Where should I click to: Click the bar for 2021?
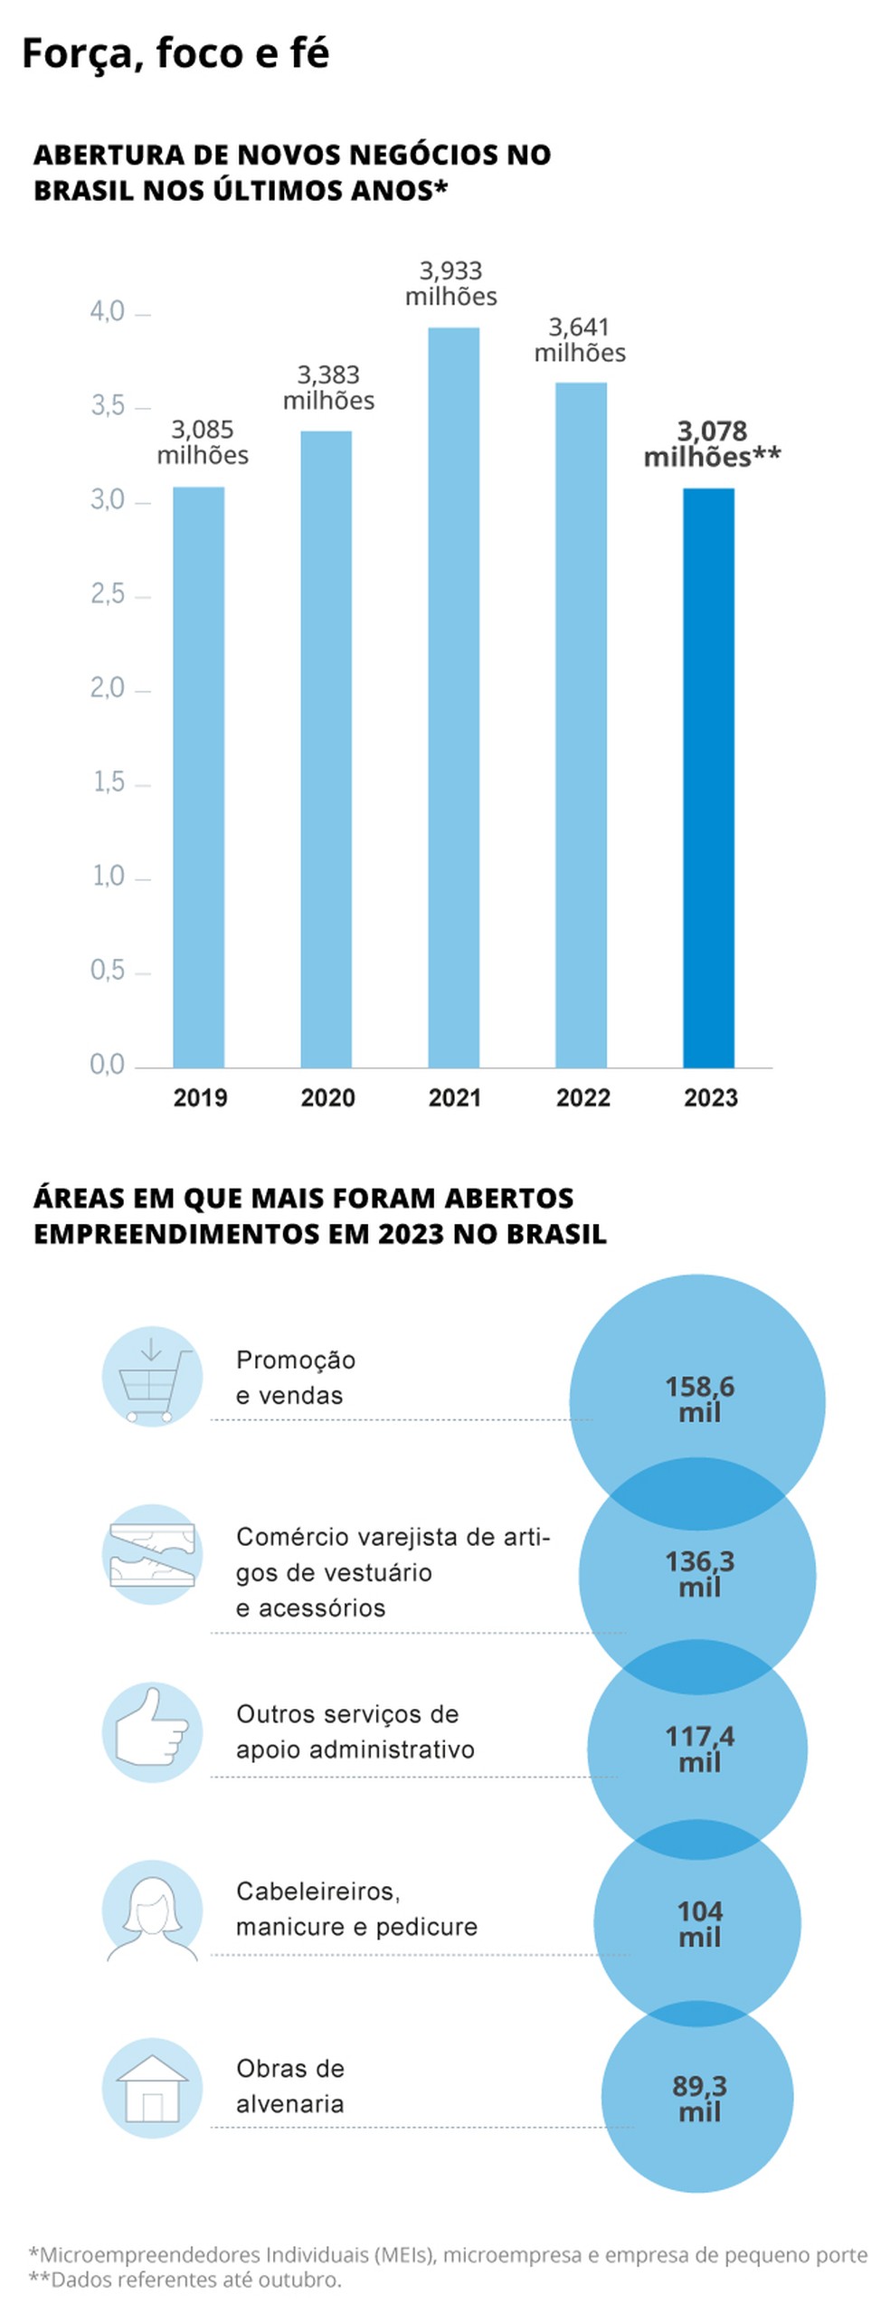pyautogui.click(x=453, y=697)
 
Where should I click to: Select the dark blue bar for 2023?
pyautogui.click(x=708, y=778)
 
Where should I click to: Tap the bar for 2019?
pyautogui.click(x=198, y=778)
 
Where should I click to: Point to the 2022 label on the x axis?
pyautogui.click(x=582, y=1097)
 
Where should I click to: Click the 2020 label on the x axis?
pyautogui.click(x=327, y=1097)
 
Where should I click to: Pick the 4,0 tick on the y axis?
pyautogui.click(x=108, y=312)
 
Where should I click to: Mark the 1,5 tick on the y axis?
pyautogui.click(x=109, y=782)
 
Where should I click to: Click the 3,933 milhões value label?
pyautogui.click(x=450, y=283)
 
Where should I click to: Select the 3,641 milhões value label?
pyautogui.click(x=579, y=340)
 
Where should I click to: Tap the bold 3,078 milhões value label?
pyautogui.click(x=712, y=444)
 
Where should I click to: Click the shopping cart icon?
pyautogui.click(x=152, y=1376)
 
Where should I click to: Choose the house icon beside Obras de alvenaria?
pyautogui.click(x=152, y=2088)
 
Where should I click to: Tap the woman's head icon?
pyautogui.click(x=152, y=1910)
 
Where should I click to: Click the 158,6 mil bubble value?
pyautogui.click(x=699, y=1399)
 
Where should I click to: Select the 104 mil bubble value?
pyautogui.click(x=699, y=1924)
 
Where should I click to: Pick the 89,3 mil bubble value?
pyautogui.click(x=699, y=2099)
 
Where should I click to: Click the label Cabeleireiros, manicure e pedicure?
pyautogui.click(x=356, y=1909)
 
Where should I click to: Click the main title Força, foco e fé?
pyautogui.click(x=175, y=53)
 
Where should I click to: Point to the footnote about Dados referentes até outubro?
pyautogui.click(x=185, y=2280)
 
